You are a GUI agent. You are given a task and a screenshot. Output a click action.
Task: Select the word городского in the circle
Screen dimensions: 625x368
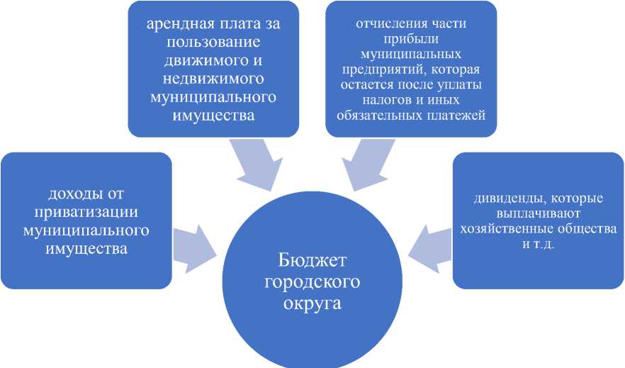click(x=312, y=281)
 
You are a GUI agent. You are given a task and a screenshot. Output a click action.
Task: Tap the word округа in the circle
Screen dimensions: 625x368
click(x=312, y=304)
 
